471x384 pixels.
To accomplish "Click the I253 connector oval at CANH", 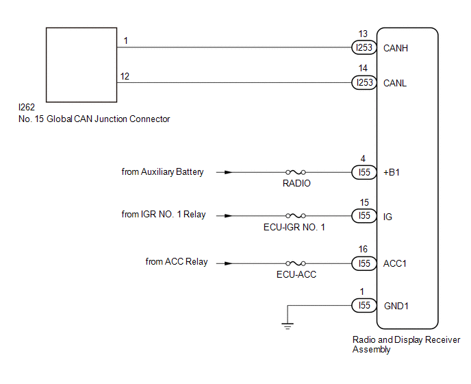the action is pyautogui.click(x=364, y=47).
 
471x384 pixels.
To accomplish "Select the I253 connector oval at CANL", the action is pyautogui.click(x=364, y=82).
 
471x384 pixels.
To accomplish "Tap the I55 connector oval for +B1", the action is pyautogui.click(x=364, y=172).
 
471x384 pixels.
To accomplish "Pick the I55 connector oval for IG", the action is pyautogui.click(x=364, y=216).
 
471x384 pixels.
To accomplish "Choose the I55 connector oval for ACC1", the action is pyautogui.click(x=364, y=263).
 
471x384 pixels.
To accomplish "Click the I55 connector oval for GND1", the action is pyautogui.click(x=364, y=305).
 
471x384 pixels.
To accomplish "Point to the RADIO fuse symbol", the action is pyautogui.click(x=296, y=172).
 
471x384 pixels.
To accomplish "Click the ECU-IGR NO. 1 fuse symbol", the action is pyautogui.click(x=296, y=216).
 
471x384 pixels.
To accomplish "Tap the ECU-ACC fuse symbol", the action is pyautogui.click(x=296, y=263).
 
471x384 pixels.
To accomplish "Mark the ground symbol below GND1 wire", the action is pyautogui.click(x=288, y=326).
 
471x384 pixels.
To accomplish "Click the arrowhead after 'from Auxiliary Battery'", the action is pyautogui.click(x=228, y=172).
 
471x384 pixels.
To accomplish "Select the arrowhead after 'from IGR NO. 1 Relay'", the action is pyautogui.click(x=228, y=216).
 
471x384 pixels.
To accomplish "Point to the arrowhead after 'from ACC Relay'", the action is pyautogui.click(x=228, y=263).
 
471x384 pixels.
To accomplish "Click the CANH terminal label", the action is pyautogui.click(x=396, y=48).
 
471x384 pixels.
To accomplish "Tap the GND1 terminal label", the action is pyautogui.click(x=396, y=306).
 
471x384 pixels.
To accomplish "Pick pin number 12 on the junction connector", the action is pyautogui.click(x=125, y=76).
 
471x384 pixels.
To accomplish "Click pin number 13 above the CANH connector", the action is pyautogui.click(x=363, y=34).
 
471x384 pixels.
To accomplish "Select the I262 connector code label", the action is pyautogui.click(x=27, y=107).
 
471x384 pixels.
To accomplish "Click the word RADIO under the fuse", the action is pyautogui.click(x=296, y=183).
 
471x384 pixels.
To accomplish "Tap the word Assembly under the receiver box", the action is pyautogui.click(x=371, y=350).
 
